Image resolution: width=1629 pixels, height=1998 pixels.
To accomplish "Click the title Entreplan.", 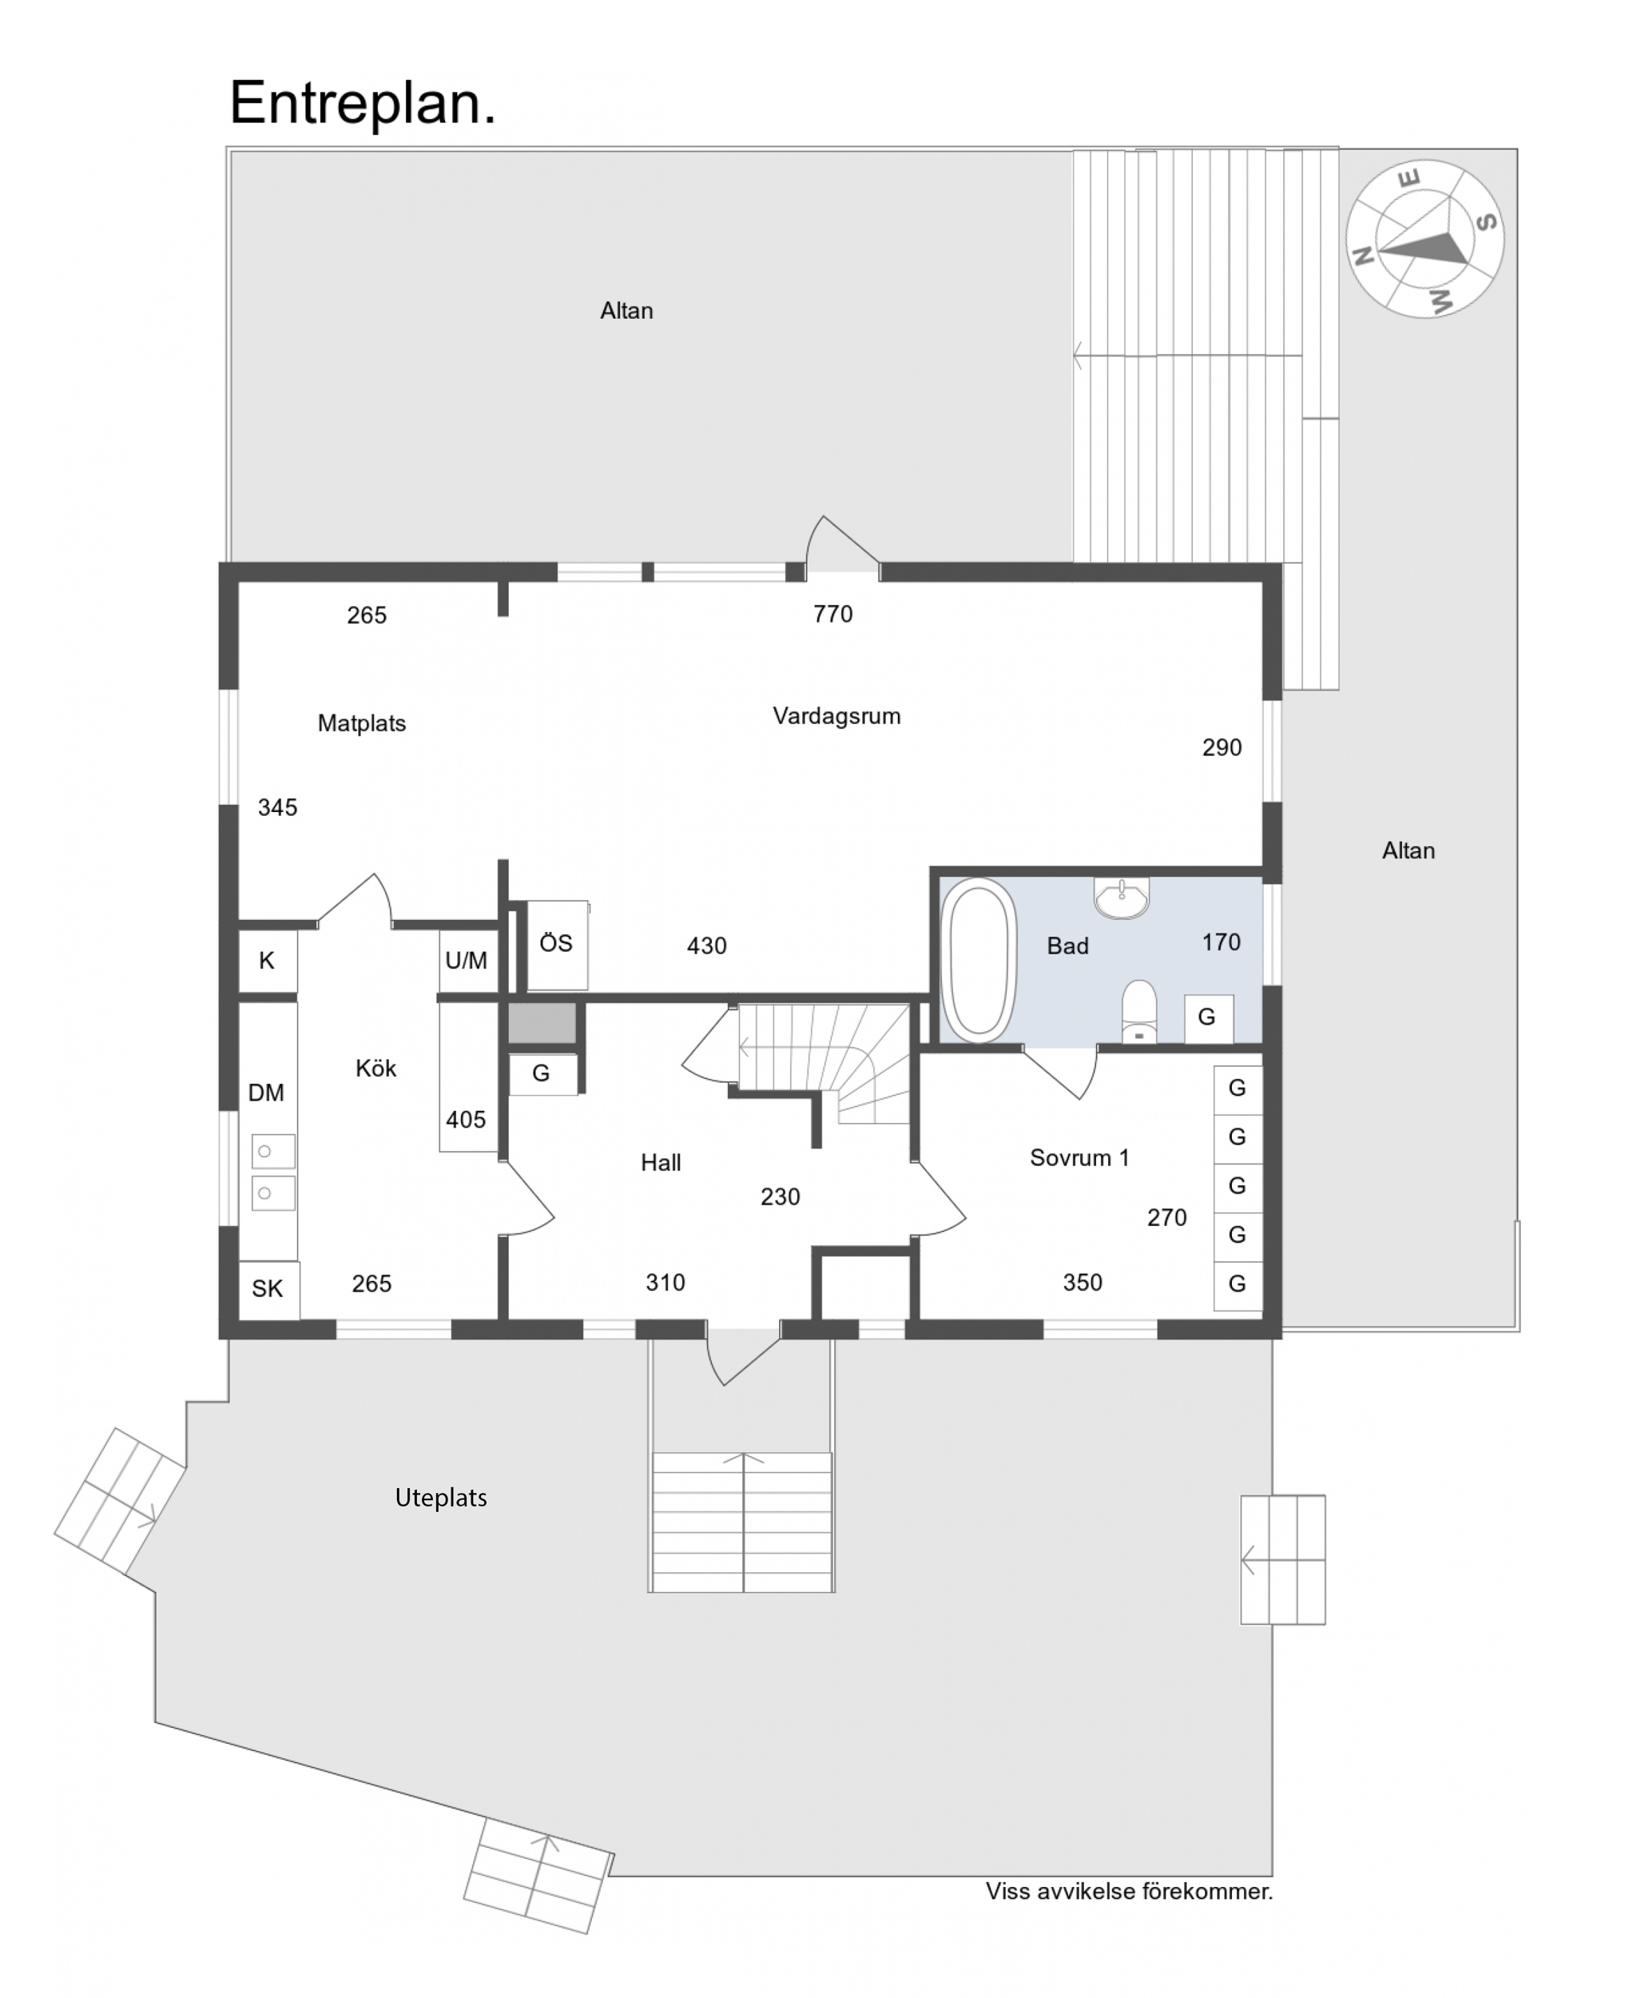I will (x=362, y=103).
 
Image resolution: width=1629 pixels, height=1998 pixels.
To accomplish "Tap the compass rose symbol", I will (x=1424, y=239).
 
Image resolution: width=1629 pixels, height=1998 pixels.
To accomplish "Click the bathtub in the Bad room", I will (x=979, y=960).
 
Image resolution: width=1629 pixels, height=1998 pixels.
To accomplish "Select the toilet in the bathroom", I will (x=1139, y=1012).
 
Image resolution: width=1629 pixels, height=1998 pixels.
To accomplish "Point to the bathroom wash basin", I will (x=1122, y=898).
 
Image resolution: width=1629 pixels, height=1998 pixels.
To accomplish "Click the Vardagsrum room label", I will (x=836, y=716).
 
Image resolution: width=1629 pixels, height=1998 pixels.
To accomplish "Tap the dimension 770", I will (x=832, y=615).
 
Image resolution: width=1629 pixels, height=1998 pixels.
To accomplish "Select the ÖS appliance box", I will (x=557, y=944).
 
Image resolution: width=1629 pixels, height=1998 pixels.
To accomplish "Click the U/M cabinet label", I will (x=467, y=961).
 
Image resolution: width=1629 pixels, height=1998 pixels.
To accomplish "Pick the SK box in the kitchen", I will (x=268, y=1288).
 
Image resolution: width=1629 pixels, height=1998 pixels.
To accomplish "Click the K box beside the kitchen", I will (x=268, y=961).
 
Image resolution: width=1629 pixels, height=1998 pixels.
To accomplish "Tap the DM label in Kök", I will (x=267, y=1093).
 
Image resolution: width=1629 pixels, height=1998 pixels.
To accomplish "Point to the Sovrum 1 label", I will (x=1079, y=1158).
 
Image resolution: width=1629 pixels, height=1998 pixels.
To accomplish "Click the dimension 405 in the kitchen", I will (x=466, y=1120).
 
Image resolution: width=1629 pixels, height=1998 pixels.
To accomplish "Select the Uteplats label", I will (x=441, y=1498).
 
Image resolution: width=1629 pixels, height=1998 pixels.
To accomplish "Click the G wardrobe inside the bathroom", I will (x=1206, y=1017).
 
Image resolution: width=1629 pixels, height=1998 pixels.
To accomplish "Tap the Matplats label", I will (x=361, y=723).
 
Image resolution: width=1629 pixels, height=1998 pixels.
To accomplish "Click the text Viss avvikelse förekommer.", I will (x=1129, y=1891).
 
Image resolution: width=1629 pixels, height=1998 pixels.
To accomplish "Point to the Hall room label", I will (x=661, y=1163).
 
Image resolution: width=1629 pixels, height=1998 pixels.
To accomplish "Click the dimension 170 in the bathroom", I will (x=1221, y=942).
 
